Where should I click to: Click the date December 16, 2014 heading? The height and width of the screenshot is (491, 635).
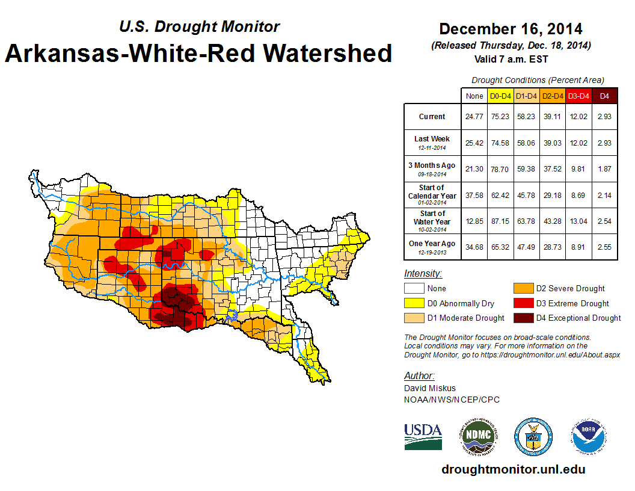511,29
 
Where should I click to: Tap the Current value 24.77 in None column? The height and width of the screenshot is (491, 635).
474,117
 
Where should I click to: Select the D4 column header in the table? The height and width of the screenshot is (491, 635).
604,96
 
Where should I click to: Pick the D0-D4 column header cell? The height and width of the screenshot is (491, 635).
500,96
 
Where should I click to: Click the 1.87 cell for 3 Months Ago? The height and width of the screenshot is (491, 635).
604,168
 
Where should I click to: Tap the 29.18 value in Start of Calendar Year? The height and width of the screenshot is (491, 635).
553,195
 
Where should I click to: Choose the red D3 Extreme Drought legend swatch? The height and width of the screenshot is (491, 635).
523,303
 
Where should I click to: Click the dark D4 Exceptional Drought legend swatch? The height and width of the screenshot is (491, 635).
523,318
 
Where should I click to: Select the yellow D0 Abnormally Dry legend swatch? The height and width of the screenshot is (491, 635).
414,303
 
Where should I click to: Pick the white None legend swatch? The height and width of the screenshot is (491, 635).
414,289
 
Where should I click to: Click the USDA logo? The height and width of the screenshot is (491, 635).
423,436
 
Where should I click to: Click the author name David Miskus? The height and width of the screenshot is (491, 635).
431,389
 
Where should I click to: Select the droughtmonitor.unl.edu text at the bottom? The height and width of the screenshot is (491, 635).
513,469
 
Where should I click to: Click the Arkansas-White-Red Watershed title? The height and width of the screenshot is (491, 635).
198,53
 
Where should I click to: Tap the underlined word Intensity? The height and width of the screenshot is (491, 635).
423,273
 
